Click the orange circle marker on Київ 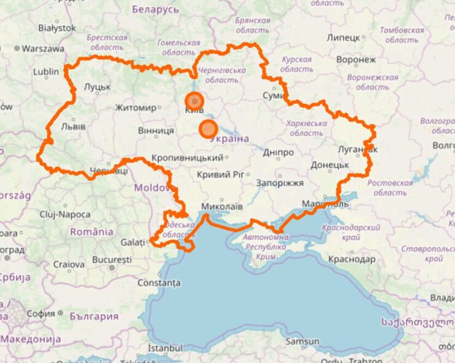coord(194,100)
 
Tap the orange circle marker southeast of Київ coord(208,129)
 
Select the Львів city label coord(73,127)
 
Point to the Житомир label coord(136,108)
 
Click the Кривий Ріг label coord(221,174)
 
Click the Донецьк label coord(330,165)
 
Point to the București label coord(112,260)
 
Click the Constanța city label coord(159,283)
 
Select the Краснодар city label coord(352,259)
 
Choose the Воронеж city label coord(356,60)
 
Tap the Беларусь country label coord(156,10)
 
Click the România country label coord(92,232)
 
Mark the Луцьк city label coord(97,87)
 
